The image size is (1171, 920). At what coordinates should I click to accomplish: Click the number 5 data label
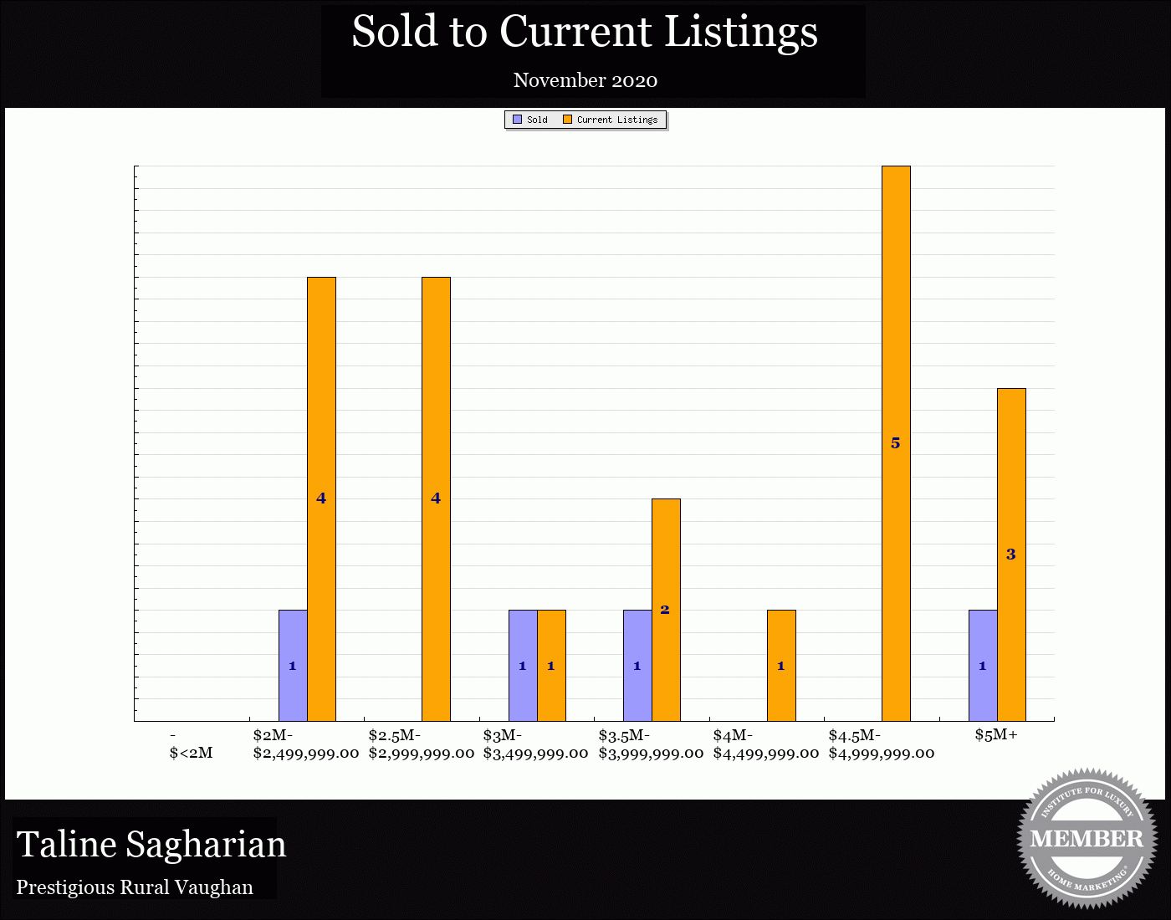coord(896,443)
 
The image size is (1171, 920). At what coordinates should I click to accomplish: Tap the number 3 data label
coord(1010,554)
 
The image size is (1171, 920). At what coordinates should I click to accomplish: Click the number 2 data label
coord(665,610)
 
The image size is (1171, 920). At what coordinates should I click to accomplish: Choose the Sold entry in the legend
coord(530,120)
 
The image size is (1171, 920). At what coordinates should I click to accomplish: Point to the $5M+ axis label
coord(996,735)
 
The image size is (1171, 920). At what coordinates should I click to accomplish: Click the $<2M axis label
coord(191,753)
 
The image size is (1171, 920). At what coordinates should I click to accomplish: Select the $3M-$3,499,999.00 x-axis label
coord(535,744)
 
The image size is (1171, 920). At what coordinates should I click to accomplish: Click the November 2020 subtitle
coord(585,80)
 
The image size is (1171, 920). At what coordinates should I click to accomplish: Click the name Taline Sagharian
coord(151,845)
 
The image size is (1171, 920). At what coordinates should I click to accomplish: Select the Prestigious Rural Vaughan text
coord(135,887)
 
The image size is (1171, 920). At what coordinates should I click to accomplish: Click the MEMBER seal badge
coord(1087,838)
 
